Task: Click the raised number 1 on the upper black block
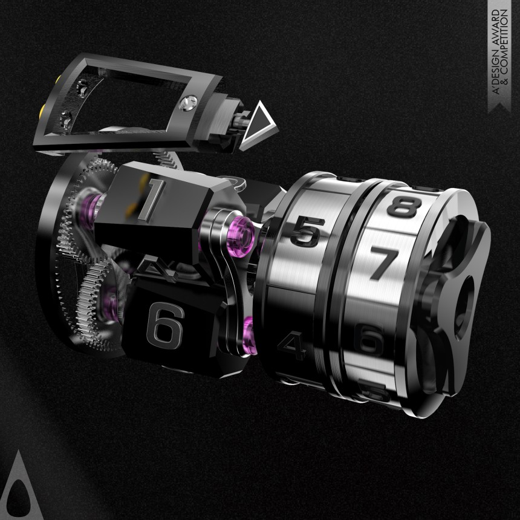pyautogui.click(x=152, y=199)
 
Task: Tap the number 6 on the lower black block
pyautogui.click(x=165, y=327)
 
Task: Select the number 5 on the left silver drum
pyautogui.click(x=306, y=231)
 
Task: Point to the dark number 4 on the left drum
pyautogui.click(x=293, y=345)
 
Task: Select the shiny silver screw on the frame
pyautogui.click(x=187, y=103)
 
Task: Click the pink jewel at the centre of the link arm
pyautogui.click(x=242, y=234)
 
